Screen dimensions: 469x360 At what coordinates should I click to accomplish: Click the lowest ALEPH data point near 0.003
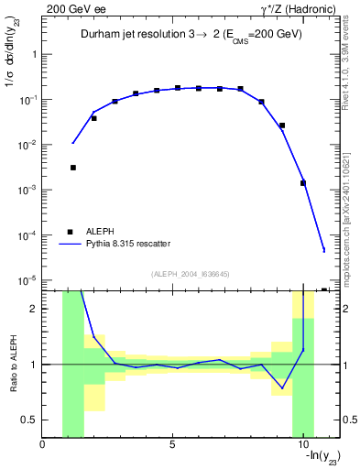coord(72,168)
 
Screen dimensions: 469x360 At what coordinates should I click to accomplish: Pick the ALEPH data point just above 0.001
coord(303,183)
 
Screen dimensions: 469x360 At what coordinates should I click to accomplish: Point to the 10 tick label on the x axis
coord(302,445)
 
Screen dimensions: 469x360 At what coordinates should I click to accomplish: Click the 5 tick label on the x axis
coord(173,445)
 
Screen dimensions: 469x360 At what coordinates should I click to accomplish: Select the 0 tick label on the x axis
coord(43,445)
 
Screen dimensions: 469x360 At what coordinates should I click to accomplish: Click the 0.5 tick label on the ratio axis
coord(29,420)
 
